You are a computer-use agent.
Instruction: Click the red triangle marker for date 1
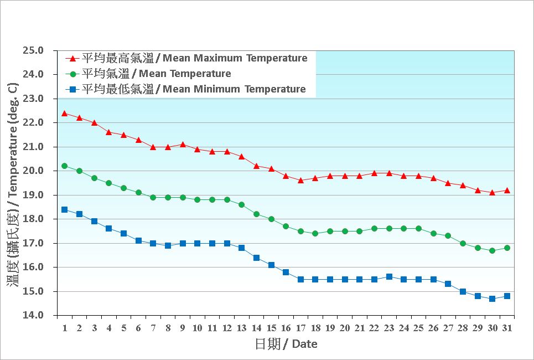coord(65,113)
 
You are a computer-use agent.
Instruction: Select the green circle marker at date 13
coord(241,204)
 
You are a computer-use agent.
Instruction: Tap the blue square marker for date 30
coord(492,299)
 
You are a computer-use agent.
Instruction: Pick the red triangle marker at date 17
coord(300,180)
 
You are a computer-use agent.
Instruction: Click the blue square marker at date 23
coord(389,276)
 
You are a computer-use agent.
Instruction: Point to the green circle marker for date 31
coord(507,248)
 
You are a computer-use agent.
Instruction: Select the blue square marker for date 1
coord(65,209)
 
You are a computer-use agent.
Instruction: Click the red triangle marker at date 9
coord(183,144)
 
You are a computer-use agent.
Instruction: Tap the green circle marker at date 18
coord(315,233)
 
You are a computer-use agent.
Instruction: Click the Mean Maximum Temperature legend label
coord(194,58)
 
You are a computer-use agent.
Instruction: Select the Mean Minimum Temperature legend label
coord(194,89)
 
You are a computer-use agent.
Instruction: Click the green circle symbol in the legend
coord(72,74)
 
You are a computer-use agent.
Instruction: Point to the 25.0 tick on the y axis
coord(33,50)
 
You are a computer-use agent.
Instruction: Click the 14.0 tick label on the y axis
coord(33,315)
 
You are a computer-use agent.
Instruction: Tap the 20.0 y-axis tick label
coord(33,171)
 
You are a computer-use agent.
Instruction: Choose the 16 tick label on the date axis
coord(286,328)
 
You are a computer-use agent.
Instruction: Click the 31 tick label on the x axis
coord(507,328)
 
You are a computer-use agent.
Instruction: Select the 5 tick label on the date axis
coord(123,328)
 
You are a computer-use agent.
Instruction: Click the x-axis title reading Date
coord(286,344)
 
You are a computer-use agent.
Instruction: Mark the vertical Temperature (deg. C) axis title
coord(13,183)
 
